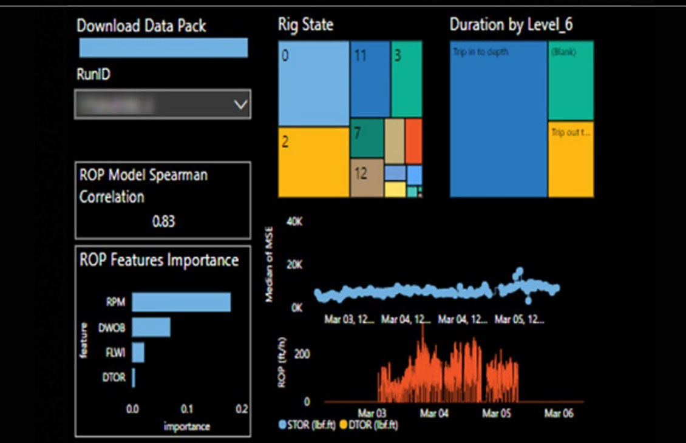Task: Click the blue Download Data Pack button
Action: (163, 48)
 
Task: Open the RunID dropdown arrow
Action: (240, 105)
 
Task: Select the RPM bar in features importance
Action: (181, 302)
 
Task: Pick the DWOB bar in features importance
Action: (151, 328)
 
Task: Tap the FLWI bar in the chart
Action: (138, 353)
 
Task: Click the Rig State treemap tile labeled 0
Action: (313, 84)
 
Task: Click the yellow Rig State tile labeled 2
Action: (313, 161)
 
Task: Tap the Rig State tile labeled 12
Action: (367, 177)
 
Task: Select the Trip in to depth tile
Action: (498, 119)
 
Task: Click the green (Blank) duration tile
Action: (571, 81)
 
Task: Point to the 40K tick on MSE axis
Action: (294, 223)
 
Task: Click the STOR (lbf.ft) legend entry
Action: (308, 424)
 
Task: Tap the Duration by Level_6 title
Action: (511, 25)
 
